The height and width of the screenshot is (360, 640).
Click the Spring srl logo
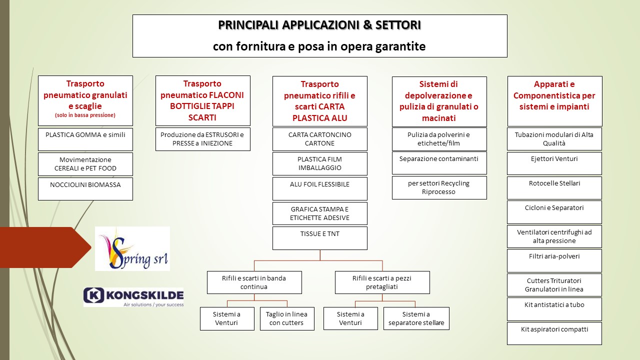tap(132, 248)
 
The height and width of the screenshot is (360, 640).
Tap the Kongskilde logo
tap(133, 297)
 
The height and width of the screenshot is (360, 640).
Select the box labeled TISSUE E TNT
tap(319, 238)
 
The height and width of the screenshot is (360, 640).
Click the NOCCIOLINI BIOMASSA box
tap(85, 189)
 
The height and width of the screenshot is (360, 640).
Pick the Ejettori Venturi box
tap(554, 163)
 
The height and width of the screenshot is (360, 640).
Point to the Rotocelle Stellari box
tap(554, 188)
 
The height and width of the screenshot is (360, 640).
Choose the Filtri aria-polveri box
tap(554, 261)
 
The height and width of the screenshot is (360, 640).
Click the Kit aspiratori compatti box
tap(554, 333)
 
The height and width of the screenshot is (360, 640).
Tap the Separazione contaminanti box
tap(439, 163)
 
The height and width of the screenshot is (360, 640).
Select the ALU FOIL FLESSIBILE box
tap(319, 188)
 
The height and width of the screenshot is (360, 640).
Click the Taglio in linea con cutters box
tap(287, 318)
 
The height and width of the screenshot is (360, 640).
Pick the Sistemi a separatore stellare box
tap(416, 318)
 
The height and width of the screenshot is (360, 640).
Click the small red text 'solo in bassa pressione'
tap(85, 115)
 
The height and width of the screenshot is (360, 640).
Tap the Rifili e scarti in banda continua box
tap(254, 282)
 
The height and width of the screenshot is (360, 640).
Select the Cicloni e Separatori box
tap(554, 212)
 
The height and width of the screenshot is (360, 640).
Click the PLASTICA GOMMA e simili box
tap(85, 139)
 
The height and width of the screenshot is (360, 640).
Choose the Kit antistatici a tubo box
tap(554, 309)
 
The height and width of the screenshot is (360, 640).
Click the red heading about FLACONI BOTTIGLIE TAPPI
tap(202, 100)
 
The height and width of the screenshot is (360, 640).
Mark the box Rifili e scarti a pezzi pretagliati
tap(382, 282)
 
